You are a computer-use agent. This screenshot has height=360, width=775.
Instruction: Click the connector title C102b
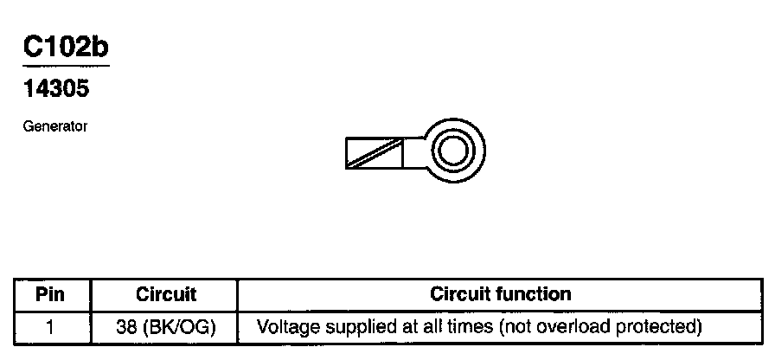point(66,48)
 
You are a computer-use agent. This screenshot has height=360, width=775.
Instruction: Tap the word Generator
point(55,126)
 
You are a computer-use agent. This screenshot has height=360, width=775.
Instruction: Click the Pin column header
point(50,294)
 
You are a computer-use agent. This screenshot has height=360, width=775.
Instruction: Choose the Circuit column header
point(166,294)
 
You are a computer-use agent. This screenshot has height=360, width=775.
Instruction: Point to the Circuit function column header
point(500,294)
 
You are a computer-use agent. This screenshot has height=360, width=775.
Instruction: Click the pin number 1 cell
point(50,327)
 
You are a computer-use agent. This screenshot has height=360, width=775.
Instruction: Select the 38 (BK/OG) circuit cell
point(166,327)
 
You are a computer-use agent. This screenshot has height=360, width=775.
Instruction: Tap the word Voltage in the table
point(286,327)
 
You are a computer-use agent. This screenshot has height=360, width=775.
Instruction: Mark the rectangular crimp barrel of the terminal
point(375,153)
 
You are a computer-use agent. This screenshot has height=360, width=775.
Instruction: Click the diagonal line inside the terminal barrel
point(374,153)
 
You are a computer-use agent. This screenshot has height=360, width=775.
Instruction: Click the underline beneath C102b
point(66,65)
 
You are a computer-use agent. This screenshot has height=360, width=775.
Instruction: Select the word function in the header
point(534,294)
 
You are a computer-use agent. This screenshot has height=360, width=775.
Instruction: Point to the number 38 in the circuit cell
point(126,327)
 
